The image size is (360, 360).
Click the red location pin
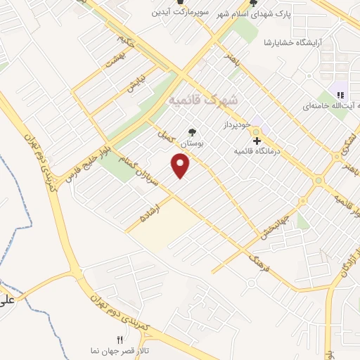[181, 166]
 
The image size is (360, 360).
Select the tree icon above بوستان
[192, 131]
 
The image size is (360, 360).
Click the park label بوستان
[192, 143]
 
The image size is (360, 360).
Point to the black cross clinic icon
[256, 141]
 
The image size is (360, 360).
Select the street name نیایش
[136, 84]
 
